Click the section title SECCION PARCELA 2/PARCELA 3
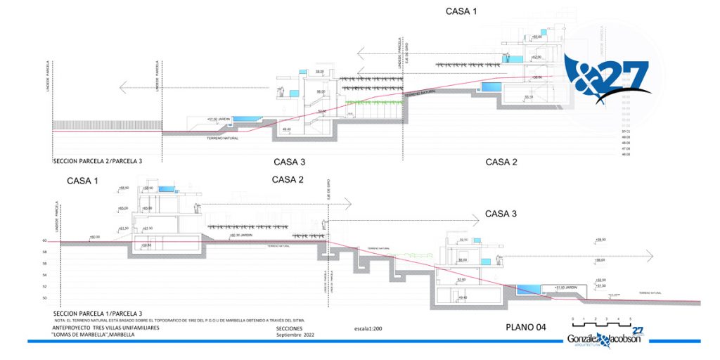pyautogui.click(x=98, y=161)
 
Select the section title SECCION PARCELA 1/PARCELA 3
pyautogui.click(x=98, y=313)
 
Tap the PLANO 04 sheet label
pyautogui.click(x=526, y=327)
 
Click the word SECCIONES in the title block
pyautogui.click(x=290, y=328)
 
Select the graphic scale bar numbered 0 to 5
pyautogui.click(x=601, y=323)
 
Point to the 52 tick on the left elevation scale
pyautogui.click(x=44, y=286)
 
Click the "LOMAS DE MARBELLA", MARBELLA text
pyautogui.click(x=94, y=335)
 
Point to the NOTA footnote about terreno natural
pyautogui.click(x=179, y=320)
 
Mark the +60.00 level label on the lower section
pyautogui.click(x=94, y=237)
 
